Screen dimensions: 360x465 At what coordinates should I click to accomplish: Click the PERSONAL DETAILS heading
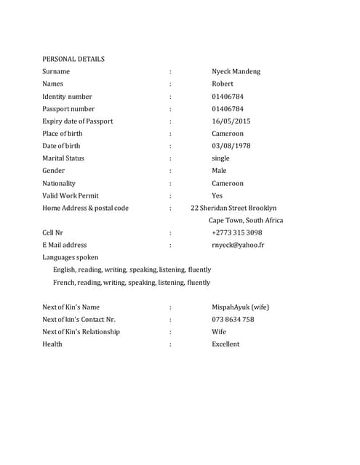tap(73, 59)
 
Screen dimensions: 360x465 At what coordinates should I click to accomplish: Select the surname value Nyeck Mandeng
tap(236, 71)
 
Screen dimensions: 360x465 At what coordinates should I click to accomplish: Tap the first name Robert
tap(223, 84)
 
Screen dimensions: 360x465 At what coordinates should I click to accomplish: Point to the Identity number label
tap(67, 97)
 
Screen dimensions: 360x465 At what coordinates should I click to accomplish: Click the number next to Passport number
tap(228, 109)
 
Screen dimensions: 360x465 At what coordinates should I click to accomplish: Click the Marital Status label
tap(63, 158)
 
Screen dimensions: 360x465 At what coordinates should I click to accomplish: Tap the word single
tap(220, 158)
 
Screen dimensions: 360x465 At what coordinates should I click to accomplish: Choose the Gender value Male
tap(219, 171)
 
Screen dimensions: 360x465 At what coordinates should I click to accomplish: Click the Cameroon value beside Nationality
tap(228, 184)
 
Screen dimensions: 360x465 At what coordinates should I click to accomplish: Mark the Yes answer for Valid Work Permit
tap(217, 196)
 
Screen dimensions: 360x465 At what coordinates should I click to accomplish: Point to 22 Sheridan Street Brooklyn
tap(233, 208)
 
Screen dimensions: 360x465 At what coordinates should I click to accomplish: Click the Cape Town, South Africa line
tap(246, 220)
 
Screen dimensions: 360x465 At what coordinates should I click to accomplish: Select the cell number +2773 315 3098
tap(237, 233)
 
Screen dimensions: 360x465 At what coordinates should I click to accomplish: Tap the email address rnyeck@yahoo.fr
tap(238, 246)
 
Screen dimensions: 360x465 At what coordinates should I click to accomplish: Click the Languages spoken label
tap(71, 257)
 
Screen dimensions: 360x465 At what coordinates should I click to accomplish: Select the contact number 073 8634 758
tap(233, 319)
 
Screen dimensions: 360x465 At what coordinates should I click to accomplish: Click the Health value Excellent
tap(225, 344)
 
